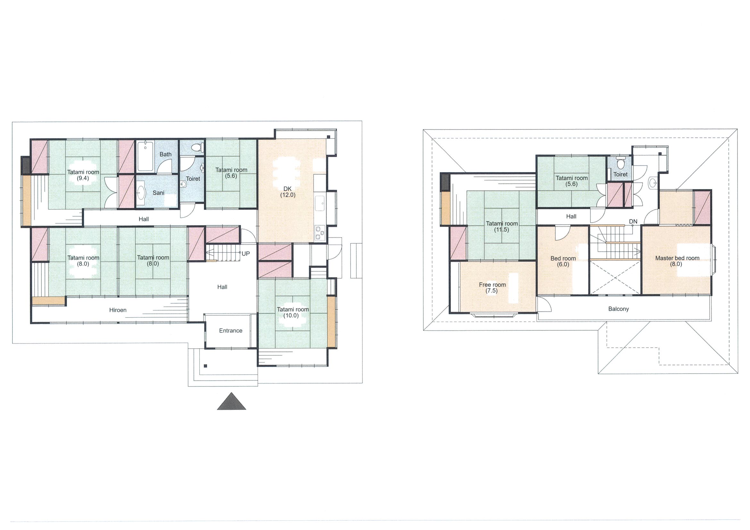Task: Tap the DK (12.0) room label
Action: point(287,192)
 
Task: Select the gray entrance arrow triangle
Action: point(232,401)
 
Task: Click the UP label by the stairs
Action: point(246,253)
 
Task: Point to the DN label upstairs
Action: point(633,221)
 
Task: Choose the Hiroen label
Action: point(118,310)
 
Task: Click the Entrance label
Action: point(231,330)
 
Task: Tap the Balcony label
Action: point(618,309)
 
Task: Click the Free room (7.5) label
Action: point(492,288)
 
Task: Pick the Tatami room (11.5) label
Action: point(502,227)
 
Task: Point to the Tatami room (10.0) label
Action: point(293,312)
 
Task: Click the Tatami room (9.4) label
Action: point(83,175)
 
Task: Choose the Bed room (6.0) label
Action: point(563,261)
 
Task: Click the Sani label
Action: point(158,193)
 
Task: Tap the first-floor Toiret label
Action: point(193,178)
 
